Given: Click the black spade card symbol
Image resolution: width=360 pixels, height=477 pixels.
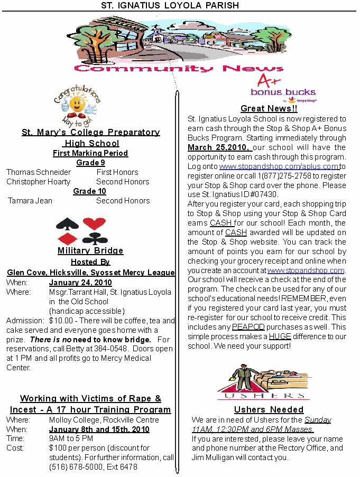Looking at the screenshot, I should coord(68,224).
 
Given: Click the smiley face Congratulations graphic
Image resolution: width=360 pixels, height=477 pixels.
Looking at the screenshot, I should coord(77,103).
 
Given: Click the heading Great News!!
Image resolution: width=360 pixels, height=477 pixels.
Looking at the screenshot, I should coord(269,108).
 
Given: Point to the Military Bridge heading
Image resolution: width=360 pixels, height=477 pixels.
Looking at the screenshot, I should coord(90,250).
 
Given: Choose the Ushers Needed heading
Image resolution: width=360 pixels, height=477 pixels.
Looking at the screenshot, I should coord(269,409).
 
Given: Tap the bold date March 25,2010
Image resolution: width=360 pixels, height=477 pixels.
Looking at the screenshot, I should coord(219,147).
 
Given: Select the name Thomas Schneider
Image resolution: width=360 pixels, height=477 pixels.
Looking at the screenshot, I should coord(39,172).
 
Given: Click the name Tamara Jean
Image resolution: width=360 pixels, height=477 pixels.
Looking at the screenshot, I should coord(30,201).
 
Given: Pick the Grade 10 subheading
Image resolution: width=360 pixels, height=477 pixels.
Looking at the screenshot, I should coord(90,191).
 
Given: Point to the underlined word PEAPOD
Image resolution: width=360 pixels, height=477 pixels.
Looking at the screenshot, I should coord(248,327).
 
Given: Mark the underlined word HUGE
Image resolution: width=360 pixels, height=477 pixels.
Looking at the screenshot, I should coord(280,336).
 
